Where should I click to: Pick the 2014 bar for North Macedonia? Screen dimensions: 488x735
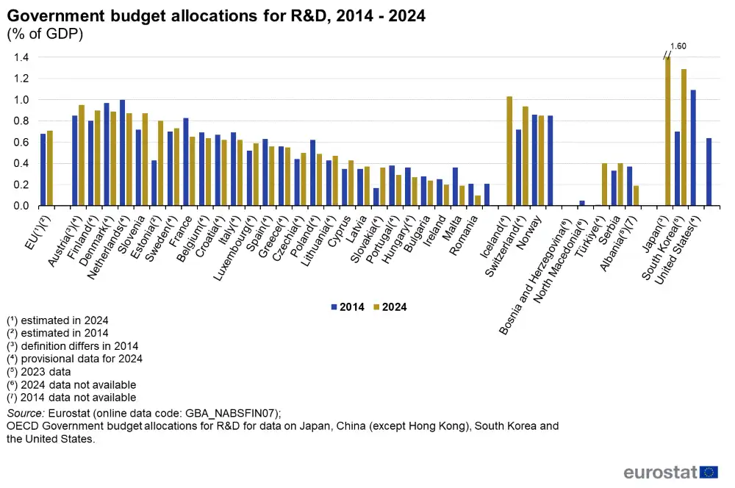[581, 203]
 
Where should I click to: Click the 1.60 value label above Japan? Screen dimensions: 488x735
[678, 46]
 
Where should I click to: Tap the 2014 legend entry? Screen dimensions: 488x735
[345, 306]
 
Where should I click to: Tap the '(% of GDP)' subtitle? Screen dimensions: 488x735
[45, 34]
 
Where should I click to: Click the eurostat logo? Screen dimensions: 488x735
[670, 472]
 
